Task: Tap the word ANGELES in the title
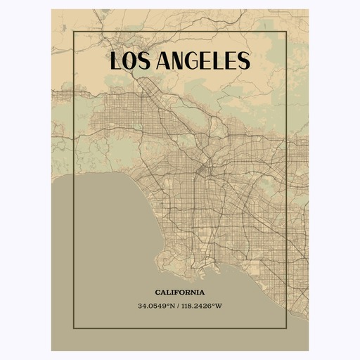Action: [x=205, y=61]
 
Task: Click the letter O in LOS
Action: [x=131, y=61]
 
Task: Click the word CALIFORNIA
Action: [x=180, y=292]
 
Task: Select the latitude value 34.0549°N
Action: [x=157, y=305]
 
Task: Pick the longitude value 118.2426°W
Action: [x=204, y=305]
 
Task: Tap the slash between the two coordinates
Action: [x=180, y=305]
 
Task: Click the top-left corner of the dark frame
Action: [x=75, y=32]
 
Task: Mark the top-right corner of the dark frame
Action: [x=285, y=32]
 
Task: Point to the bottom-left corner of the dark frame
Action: [x=75, y=328]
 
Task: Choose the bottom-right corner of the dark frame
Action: [x=285, y=328]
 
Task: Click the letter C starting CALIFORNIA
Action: [x=157, y=292]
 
